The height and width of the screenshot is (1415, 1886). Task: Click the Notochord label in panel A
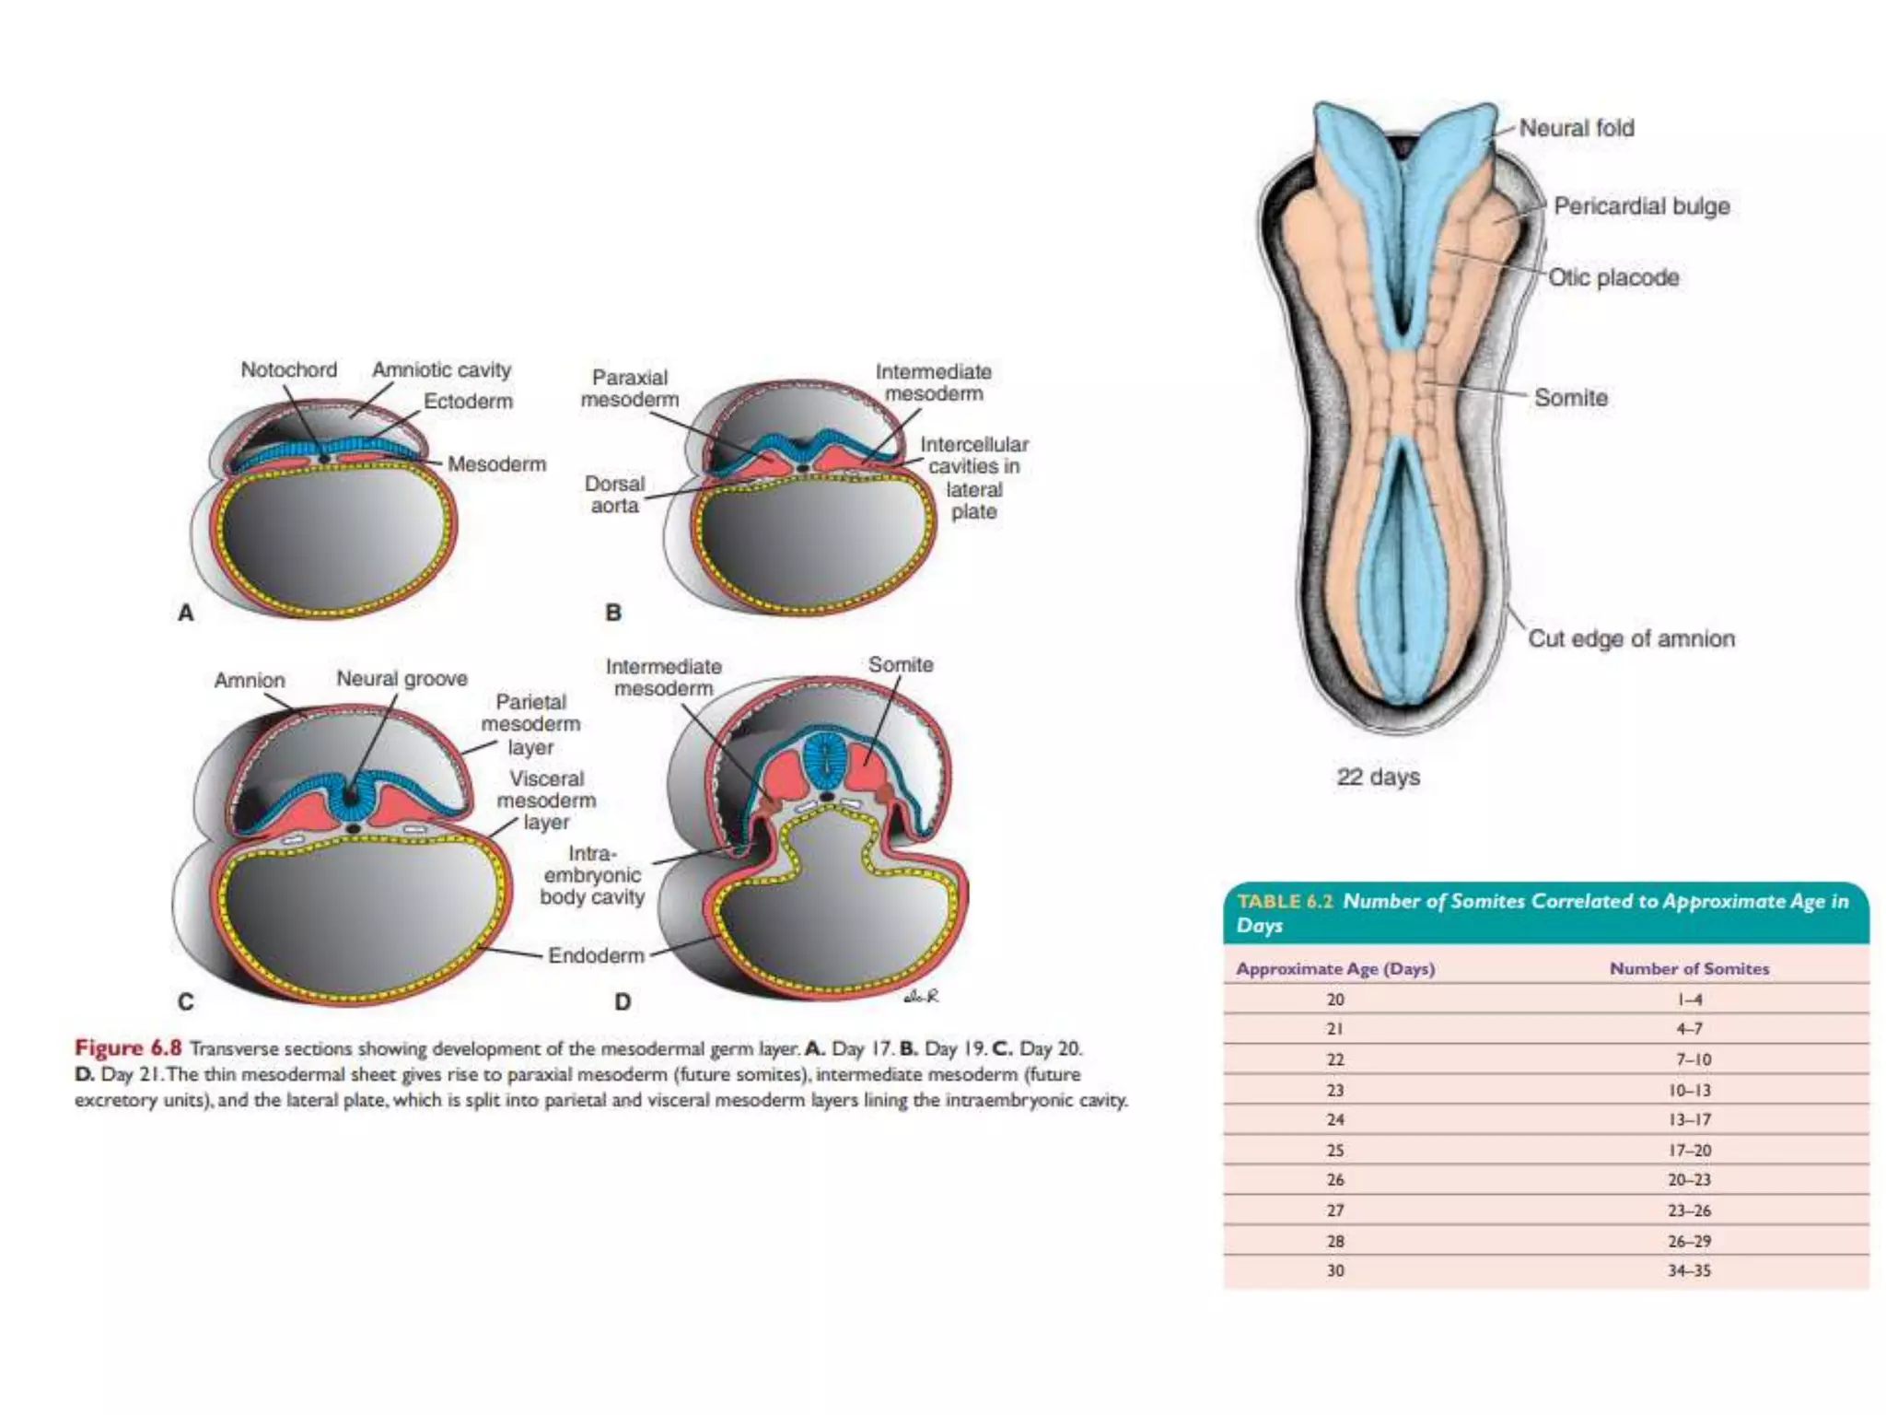click(288, 370)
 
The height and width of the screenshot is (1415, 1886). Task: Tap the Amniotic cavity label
click(441, 370)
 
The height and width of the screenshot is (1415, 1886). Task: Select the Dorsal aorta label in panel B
click(614, 495)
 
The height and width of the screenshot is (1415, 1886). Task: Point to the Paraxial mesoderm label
click(630, 389)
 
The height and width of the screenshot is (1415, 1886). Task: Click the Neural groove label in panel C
click(402, 679)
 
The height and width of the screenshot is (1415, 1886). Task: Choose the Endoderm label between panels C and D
click(596, 955)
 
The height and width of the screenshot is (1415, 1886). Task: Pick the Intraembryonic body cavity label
click(592, 875)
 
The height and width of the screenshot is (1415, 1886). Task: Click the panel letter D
click(623, 1002)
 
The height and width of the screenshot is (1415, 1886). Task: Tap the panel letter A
click(186, 613)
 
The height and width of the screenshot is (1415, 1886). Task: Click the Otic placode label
click(1613, 277)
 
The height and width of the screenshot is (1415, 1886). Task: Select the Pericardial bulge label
click(1641, 206)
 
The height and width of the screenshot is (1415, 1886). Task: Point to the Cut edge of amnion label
click(1631, 638)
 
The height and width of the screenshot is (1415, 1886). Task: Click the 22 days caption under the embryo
click(1378, 778)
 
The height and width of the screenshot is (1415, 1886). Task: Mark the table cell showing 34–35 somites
click(1689, 1271)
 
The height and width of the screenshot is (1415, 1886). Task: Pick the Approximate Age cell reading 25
click(1335, 1151)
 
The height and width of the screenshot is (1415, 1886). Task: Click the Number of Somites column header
click(1689, 969)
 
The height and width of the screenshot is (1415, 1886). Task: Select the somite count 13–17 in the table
click(1689, 1120)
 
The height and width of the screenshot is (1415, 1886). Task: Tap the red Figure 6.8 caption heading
click(128, 1048)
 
